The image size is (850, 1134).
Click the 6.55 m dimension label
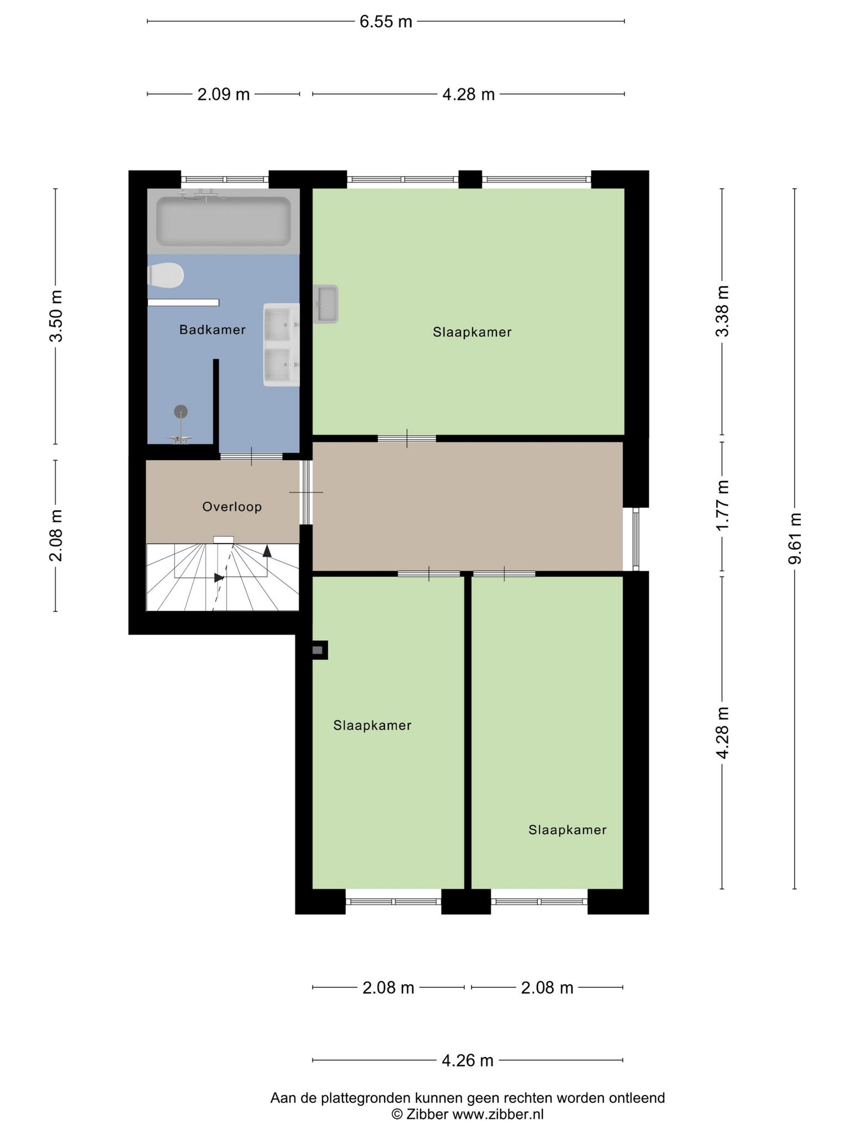tap(386, 22)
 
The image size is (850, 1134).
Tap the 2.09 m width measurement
tap(224, 95)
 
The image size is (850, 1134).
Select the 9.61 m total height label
tap(795, 538)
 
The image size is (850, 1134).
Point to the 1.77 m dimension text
tap(723, 504)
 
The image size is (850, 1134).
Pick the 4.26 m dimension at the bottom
tap(468, 1060)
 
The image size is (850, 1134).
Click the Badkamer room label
tap(212, 330)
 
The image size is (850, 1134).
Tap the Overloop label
tap(232, 507)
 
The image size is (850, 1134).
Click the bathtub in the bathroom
tap(224, 221)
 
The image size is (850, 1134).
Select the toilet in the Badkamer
tap(165, 275)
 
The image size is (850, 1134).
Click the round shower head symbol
tap(181, 411)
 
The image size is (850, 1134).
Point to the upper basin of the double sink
tap(281, 324)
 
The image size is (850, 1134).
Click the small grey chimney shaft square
tap(318, 650)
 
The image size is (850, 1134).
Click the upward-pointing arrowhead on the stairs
tap(267, 550)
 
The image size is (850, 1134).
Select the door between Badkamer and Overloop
tap(251, 457)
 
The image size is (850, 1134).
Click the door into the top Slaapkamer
tap(407, 439)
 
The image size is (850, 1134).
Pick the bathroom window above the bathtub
tap(225, 179)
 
